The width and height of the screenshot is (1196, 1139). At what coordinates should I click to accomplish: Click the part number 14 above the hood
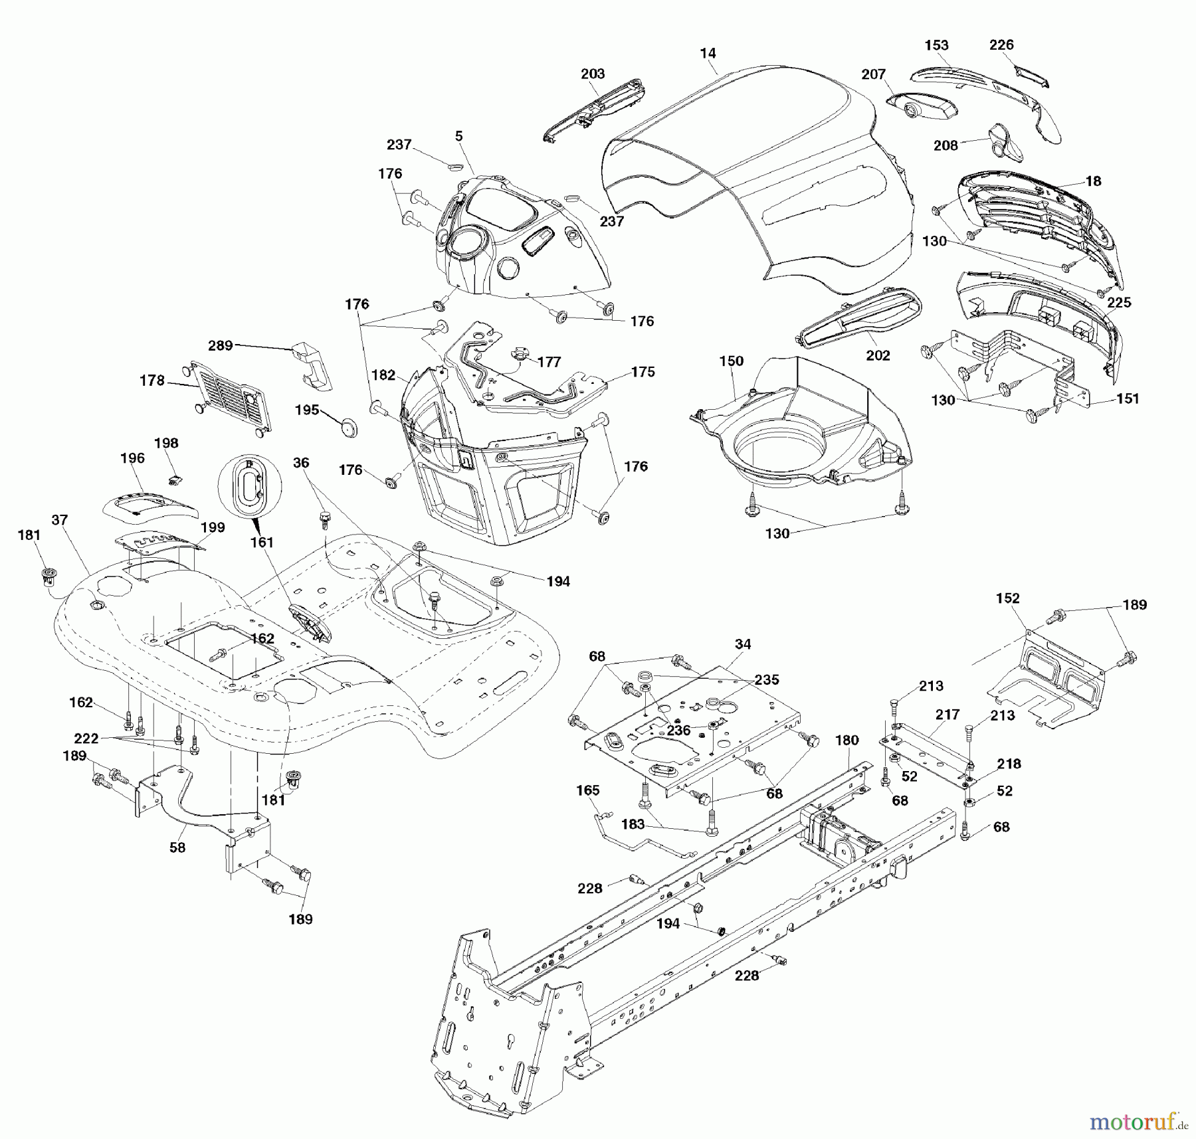tap(708, 53)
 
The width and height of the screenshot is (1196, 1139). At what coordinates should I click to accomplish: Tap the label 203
tap(593, 74)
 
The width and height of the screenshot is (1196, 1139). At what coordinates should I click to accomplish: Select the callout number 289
tap(221, 345)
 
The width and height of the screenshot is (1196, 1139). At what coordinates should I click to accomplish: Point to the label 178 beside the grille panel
tap(152, 380)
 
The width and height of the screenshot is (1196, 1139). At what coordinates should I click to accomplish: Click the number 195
tap(307, 410)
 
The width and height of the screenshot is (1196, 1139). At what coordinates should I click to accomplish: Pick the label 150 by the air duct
tap(731, 361)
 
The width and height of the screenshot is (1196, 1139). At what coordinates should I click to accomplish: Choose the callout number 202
tap(878, 355)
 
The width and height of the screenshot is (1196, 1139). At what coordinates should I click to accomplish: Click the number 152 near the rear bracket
tap(1007, 598)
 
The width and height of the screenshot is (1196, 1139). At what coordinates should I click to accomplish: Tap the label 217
tap(947, 714)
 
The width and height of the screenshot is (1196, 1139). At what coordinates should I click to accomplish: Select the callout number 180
tap(847, 740)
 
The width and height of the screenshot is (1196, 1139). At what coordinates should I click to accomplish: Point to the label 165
tap(587, 790)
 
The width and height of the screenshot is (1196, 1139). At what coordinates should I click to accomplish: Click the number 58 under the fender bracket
tap(177, 847)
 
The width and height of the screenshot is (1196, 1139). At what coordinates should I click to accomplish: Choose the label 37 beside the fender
tap(60, 519)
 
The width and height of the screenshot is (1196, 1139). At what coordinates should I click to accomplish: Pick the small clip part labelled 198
tap(176, 476)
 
